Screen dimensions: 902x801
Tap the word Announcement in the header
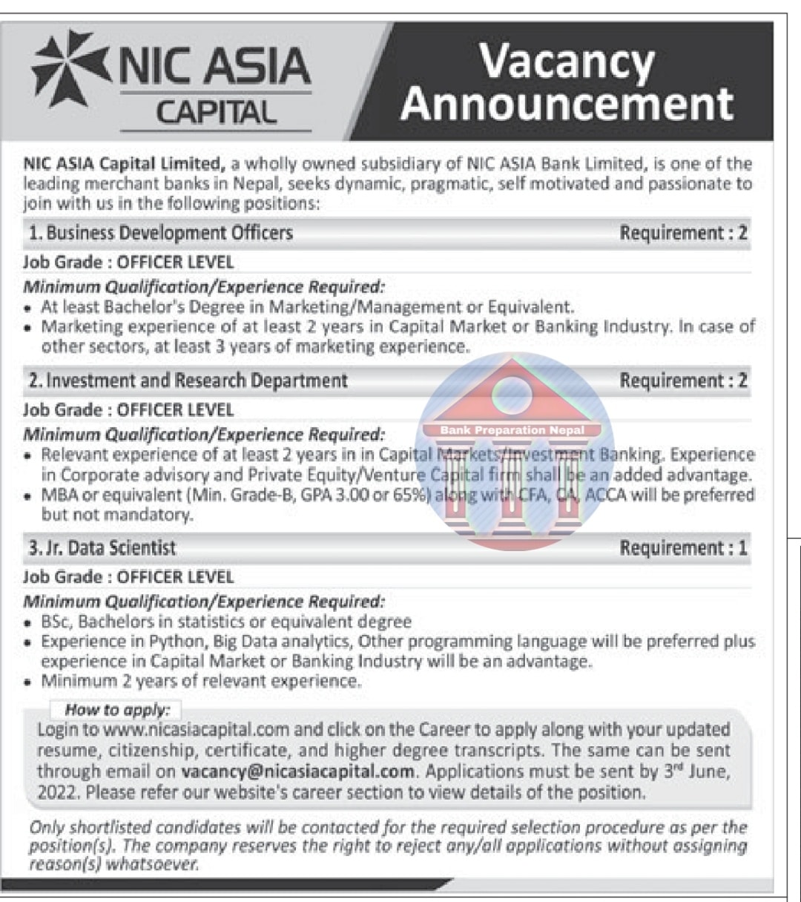[x=567, y=103]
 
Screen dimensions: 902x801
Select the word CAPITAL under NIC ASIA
[x=216, y=113]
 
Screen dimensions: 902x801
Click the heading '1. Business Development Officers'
[x=161, y=233]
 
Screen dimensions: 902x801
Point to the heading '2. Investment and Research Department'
[x=188, y=381]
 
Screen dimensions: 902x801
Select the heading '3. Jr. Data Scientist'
[x=102, y=548]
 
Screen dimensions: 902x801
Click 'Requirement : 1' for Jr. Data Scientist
[x=683, y=548]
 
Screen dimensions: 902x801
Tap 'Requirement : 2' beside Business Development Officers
[x=683, y=233]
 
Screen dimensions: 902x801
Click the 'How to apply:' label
[x=117, y=710]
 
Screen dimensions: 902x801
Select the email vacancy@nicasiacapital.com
[x=297, y=771]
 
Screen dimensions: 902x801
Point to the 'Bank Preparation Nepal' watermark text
[x=512, y=429]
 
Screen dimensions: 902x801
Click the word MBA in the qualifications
[x=59, y=495]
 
